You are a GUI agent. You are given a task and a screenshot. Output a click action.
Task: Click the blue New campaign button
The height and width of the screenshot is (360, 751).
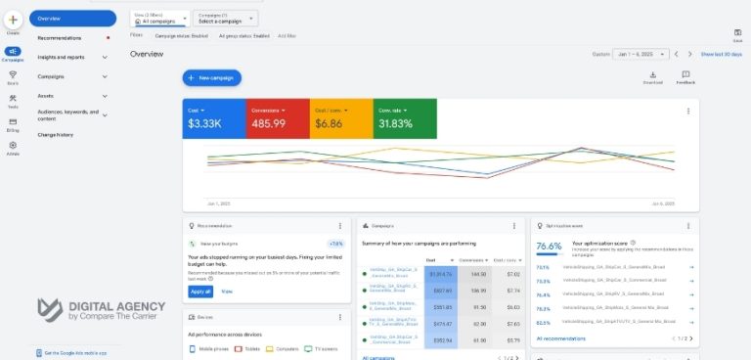[211, 77]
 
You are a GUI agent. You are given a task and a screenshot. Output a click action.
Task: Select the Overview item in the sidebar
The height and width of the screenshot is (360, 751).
[72, 19]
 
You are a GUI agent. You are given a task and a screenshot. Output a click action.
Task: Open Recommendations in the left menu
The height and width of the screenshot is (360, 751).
[60, 38]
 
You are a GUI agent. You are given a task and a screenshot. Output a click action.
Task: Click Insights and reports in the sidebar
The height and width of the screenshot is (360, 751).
[61, 57]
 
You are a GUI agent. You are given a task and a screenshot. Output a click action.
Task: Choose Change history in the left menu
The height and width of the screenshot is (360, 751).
[55, 134]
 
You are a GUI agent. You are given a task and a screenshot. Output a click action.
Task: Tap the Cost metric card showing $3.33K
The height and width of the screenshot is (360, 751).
[213, 117]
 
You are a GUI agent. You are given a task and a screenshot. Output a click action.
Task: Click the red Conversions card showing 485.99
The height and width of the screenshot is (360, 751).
[277, 117]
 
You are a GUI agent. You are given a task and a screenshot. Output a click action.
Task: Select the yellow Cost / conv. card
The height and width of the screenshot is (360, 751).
[340, 117]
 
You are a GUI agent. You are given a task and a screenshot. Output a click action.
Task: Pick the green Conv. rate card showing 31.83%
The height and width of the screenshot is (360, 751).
[405, 117]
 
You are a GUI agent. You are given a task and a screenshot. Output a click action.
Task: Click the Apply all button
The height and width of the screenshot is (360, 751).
[199, 292]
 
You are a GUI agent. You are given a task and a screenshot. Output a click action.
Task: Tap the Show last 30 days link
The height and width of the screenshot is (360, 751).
[722, 55]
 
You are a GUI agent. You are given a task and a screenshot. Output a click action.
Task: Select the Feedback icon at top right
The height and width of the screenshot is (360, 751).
[685, 77]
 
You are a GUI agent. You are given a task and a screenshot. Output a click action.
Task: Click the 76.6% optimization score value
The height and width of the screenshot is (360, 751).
[550, 246]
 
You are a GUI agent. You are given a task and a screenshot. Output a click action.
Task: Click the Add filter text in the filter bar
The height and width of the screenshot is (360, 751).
[287, 35]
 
